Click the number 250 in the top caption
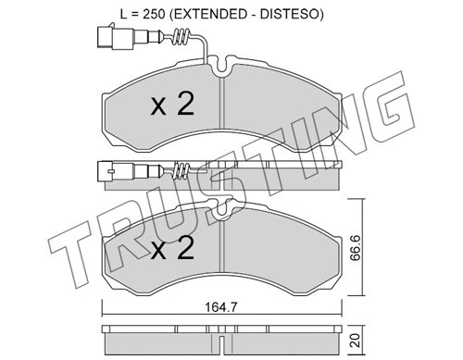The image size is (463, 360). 153,14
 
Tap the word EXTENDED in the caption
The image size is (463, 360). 208,14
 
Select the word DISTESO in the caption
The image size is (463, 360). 289,14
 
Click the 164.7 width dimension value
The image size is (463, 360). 221,307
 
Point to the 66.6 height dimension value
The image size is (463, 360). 357,247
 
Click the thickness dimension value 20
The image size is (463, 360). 357,341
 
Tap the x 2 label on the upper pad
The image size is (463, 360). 172,105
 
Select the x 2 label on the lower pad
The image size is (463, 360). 172,247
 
